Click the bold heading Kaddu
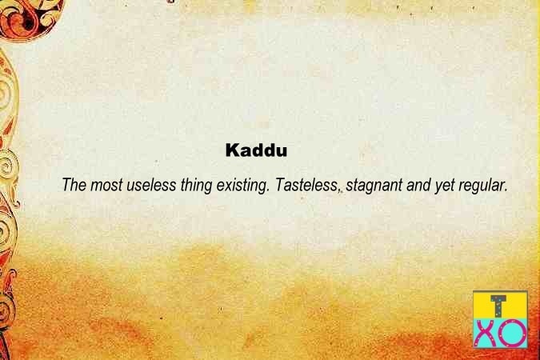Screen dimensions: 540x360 coord(256,150)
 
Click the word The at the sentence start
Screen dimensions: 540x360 coord(74,185)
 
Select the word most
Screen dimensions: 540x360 coord(106,186)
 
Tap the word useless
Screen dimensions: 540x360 coord(151,185)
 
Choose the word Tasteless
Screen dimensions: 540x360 coord(306,185)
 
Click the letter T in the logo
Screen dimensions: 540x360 coord(498,306)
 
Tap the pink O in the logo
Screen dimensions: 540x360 coord(513,333)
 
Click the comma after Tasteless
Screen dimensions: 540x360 coord(339,190)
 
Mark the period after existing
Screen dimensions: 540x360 coord(268,190)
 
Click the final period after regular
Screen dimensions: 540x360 coord(506,190)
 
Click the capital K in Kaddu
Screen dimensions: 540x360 coord(232,150)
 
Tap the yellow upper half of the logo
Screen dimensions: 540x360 coord(500,306)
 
